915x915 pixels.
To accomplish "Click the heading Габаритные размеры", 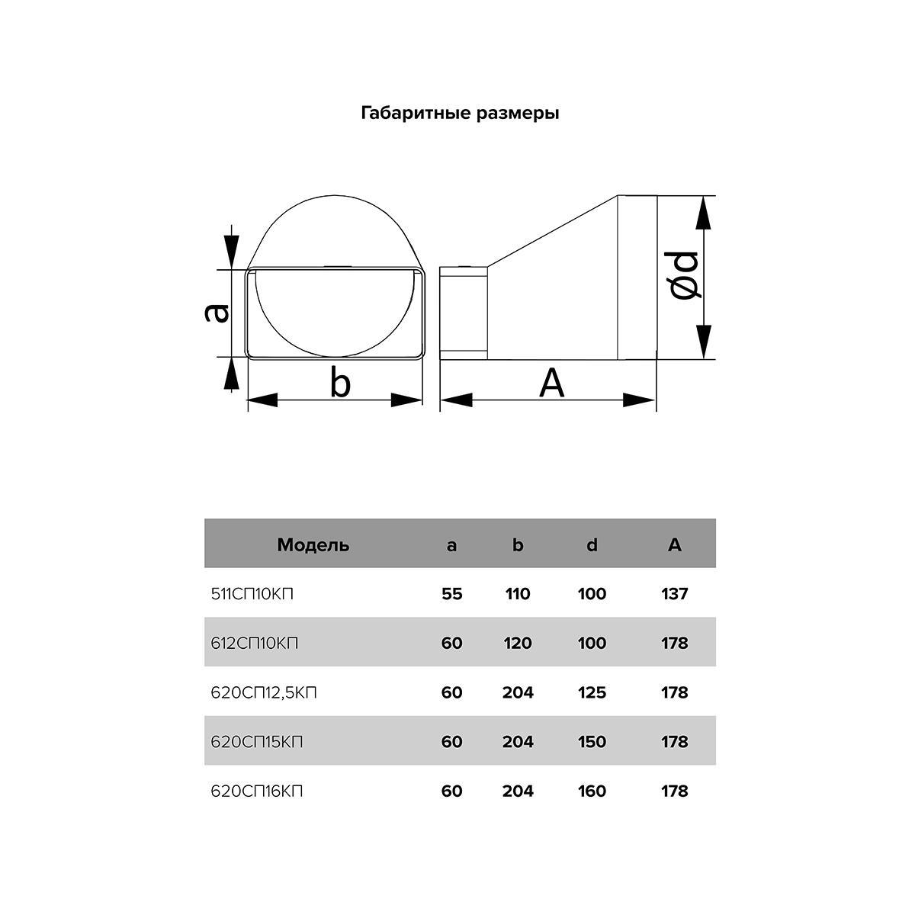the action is [460, 114].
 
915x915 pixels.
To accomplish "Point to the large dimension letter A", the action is [552, 383].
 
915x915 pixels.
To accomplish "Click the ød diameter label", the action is [684, 276].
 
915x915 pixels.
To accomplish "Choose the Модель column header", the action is [313, 545].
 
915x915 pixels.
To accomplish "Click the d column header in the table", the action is [592, 545].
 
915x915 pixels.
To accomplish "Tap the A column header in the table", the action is [674, 545].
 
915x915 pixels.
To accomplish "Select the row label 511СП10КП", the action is [252, 594].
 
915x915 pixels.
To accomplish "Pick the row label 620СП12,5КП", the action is [264, 693].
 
